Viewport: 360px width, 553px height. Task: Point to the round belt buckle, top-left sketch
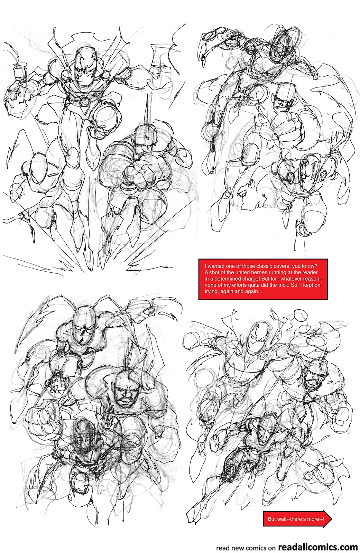coord(85,101)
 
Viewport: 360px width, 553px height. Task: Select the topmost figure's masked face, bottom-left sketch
coord(84,328)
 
